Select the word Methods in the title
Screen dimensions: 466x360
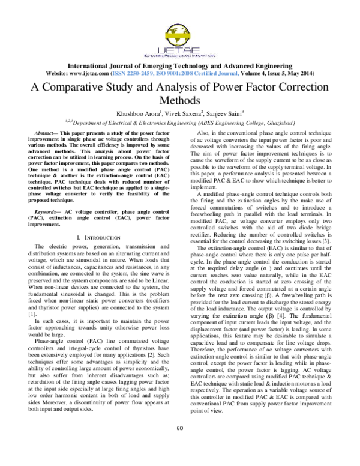(179, 101)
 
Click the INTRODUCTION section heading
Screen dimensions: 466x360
(101, 222)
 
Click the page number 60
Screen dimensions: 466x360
(179, 444)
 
